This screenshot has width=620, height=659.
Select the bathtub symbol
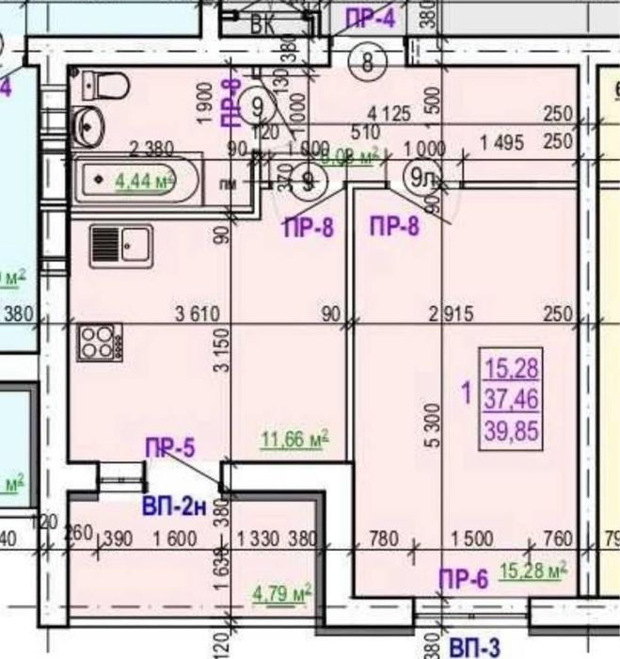coord(140,180)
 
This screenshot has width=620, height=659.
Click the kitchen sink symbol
coord(120,247)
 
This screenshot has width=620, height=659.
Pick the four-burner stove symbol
coord(96,342)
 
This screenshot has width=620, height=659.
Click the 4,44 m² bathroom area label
coord(145,180)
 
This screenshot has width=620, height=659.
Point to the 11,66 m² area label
coord(294,438)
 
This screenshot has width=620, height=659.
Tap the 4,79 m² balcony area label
coord(282,592)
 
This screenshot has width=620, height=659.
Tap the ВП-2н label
coord(174,506)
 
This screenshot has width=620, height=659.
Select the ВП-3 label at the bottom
coord(474,648)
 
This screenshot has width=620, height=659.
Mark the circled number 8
coord(366,63)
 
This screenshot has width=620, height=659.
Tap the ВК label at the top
coord(262,25)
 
